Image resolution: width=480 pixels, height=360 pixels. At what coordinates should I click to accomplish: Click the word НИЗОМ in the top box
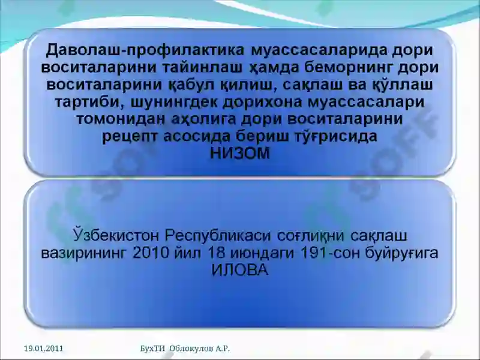point(239,154)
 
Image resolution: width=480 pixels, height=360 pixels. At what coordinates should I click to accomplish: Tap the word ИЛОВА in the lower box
point(239,271)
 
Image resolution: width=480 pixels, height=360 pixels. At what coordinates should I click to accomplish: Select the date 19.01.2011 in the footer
point(43,349)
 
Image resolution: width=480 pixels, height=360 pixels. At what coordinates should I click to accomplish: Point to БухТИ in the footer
point(152,349)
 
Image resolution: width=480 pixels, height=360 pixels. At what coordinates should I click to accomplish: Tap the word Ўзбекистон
point(116,236)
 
